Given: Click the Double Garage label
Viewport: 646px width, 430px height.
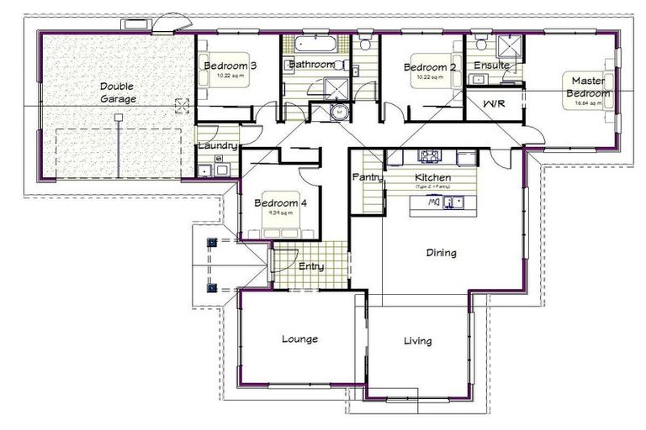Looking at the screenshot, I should (x=118, y=92).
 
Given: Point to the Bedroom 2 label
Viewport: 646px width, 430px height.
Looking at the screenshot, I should (x=429, y=67).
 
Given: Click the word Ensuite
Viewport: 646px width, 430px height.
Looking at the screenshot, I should (x=491, y=65).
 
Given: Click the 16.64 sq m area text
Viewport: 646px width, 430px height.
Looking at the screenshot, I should (x=589, y=103).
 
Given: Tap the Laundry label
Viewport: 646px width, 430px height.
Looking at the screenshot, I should (x=215, y=146).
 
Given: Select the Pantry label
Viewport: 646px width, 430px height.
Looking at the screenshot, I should (x=368, y=177).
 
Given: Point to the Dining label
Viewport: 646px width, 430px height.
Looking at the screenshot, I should (x=441, y=252).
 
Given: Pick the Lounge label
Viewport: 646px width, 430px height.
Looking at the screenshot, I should (x=299, y=339).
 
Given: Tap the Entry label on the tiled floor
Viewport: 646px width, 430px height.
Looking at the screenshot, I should (x=311, y=266).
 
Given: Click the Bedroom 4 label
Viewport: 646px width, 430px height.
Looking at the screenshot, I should (x=280, y=203).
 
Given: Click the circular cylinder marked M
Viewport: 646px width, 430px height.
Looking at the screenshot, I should (x=338, y=111).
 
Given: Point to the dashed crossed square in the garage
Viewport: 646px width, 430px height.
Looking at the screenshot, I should (x=180, y=105).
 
